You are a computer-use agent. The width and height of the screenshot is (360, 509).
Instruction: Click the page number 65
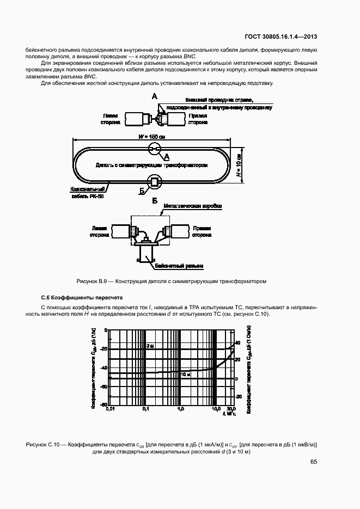click(313, 462)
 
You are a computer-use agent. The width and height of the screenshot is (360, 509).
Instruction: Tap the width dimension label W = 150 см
click(154, 137)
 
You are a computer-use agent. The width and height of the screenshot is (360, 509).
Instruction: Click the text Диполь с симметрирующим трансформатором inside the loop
click(152, 163)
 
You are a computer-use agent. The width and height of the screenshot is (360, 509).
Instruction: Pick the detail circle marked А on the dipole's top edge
click(155, 148)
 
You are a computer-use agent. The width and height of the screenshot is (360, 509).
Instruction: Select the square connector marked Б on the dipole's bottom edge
click(154, 181)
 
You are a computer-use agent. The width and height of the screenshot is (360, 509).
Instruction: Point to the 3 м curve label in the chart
click(150, 346)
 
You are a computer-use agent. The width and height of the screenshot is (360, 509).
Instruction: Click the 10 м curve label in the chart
click(185, 375)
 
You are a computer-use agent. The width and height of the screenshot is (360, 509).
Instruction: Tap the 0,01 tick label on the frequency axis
click(110, 408)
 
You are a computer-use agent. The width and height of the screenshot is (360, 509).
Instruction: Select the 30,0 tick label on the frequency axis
click(230, 408)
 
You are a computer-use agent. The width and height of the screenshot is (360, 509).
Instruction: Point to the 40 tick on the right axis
click(237, 343)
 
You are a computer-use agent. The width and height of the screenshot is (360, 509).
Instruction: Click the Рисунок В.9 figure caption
click(170, 281)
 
